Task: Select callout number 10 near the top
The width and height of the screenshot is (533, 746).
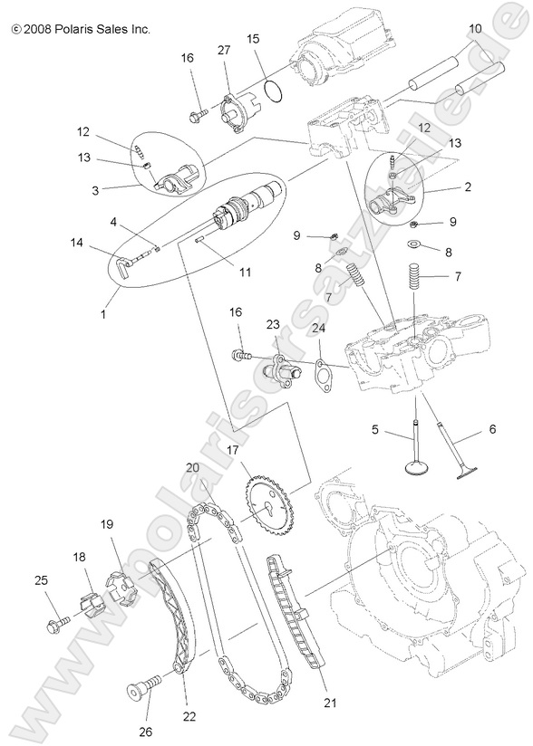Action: (475, 29)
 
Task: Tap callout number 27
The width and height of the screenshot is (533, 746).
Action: (223, 53)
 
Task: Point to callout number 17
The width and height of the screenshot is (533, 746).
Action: (232, 448)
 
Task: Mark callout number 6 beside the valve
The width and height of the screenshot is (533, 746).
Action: (493, 428)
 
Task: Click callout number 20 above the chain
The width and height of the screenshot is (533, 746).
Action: (192, 467)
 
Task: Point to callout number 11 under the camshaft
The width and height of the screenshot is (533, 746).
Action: (219, 271)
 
